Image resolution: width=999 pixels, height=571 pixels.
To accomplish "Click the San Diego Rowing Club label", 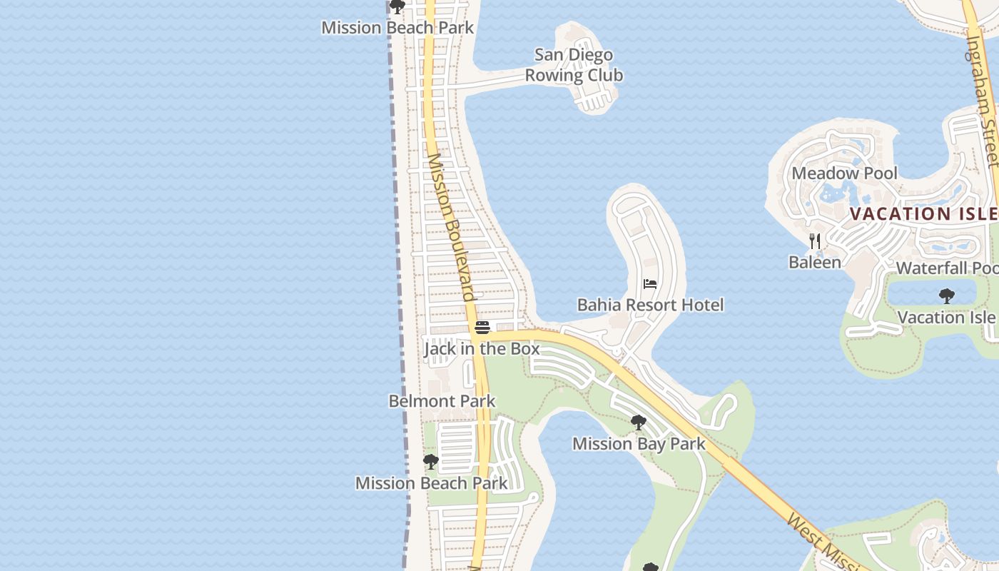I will (x=574, y=65).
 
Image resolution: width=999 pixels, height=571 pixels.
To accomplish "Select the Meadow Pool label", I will (x=844, y=173).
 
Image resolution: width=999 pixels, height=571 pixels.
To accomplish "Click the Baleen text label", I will (x=815, y=262).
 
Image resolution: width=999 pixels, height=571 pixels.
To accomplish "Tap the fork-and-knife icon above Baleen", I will (x=815, y=241).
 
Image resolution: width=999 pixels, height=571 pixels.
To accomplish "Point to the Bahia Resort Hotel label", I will (x=650, y=305).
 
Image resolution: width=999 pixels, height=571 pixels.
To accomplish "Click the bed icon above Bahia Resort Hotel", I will (x=649, y=284).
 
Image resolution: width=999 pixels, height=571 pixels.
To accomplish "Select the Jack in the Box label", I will (x=482, y=348).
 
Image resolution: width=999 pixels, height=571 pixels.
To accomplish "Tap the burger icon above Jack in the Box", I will (x=482, y=328).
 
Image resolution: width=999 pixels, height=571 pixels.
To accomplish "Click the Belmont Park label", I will (x=442, y=400).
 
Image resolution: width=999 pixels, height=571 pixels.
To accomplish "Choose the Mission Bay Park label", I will (x=639, y=443).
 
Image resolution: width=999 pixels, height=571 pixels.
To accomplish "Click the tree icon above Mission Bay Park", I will (x=639, y=423).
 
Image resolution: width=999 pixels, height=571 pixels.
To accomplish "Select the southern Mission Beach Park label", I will (x=431, y=482).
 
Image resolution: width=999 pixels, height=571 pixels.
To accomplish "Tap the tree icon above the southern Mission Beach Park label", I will (x=430, y=462).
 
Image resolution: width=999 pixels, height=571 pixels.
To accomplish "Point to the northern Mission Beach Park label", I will (x=397, y=27).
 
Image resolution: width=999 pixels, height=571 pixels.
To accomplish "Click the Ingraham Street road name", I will (x=982, y=100).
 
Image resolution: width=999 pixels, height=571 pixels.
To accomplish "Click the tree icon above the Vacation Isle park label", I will (x=946, y=295).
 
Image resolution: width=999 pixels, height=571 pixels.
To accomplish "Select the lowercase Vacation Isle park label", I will (x=946, y=316).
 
